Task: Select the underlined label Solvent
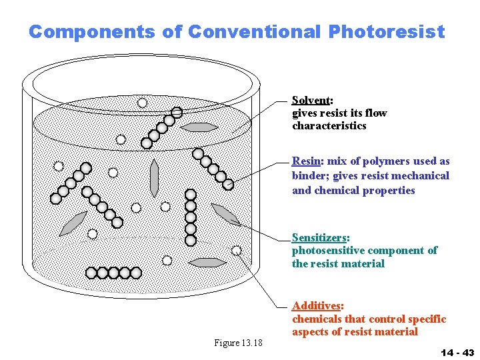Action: click(311, 100)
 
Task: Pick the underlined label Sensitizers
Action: click(319, 237)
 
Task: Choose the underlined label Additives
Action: click(316, 305)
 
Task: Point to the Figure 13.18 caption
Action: click(238, 343)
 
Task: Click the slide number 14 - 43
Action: click(457, 352)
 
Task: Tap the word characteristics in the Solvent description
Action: click(329, 125)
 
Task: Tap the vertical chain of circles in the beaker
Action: click(191, 217)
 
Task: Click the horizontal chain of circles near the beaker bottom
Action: click(114, 272)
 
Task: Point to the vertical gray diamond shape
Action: click(155, 177)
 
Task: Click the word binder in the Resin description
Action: click(309, 175)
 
